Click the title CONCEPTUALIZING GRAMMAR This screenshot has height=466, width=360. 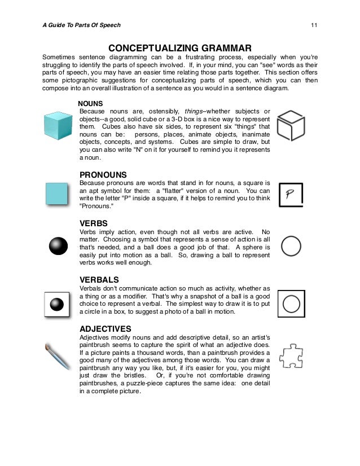tap(179, 47)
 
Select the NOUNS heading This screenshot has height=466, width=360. tap(90, 104)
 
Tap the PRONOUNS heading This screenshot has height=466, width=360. tap(103, 175)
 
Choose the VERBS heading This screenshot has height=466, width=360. tap(94, 223)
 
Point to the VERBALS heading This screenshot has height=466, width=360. tap(99, 279)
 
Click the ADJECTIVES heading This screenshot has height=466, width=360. tap(106, 328)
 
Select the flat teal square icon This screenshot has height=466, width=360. tap(57, 194)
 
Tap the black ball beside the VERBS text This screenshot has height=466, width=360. tap(58, 247)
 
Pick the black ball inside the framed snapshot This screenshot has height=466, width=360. tap(56, 304)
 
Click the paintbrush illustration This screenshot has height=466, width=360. tap(58, 355)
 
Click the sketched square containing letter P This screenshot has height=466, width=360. tap(291, 195)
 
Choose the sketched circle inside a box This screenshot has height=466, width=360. tap(291, 304)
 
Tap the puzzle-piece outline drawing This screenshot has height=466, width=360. tap(291, 355)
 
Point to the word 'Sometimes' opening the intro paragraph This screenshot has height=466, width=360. tap(60, 58)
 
